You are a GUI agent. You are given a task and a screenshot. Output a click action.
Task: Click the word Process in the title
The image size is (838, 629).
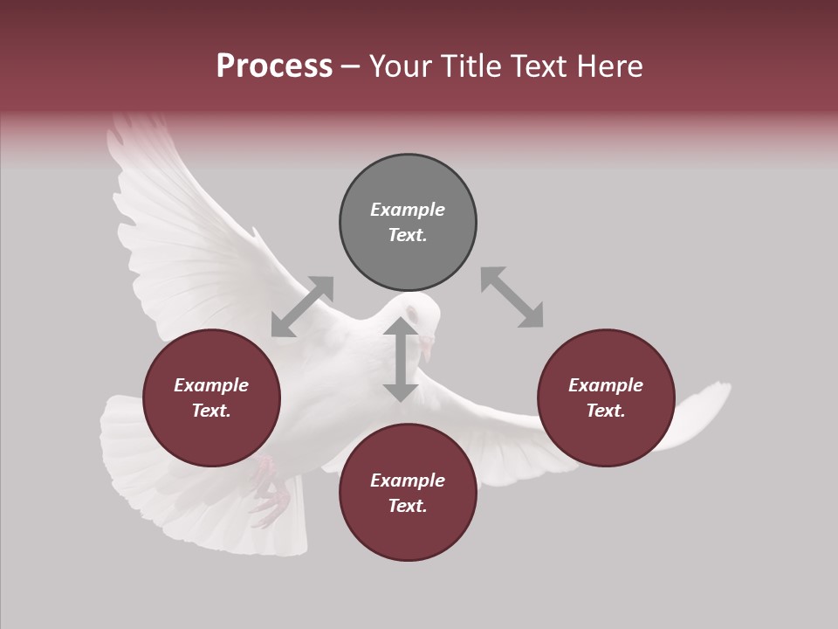coord(274,66)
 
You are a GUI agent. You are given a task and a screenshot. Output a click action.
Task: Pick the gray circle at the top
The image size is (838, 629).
coord(408,222)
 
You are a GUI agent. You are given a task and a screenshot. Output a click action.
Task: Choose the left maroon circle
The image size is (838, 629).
coord(211,397)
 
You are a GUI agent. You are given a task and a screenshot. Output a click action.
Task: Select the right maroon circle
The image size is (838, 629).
coord(606,397)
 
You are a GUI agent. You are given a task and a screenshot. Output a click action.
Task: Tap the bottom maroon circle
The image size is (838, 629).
coord(408,493)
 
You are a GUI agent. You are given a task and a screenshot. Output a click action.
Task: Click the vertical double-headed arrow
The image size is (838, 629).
coord(401,360)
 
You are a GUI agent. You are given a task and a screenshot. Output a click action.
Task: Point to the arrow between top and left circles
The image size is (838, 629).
coord(302,307)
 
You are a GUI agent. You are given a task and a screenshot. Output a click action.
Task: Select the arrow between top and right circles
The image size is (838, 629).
coord(512,298)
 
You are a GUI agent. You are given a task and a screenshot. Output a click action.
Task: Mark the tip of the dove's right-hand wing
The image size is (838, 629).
coord(725,389)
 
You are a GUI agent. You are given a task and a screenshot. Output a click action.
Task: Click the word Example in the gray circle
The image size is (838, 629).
coord(408,210)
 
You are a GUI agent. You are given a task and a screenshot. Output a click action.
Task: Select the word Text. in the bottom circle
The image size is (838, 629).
coord(408,506)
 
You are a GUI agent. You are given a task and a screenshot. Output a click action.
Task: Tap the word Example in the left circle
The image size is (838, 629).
coord(211,385)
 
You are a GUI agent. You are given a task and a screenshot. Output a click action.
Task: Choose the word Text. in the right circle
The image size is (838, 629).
coord(606,411)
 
